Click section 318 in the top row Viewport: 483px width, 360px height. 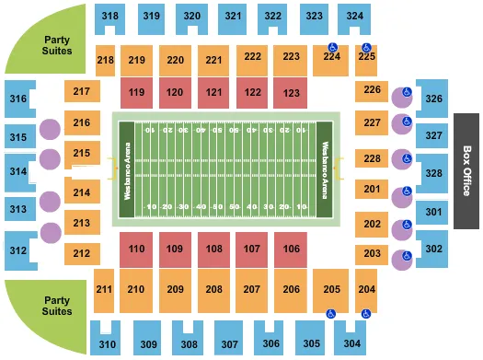(110, 16)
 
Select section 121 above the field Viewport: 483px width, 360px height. (214, 92)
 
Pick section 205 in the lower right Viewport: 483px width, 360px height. (329, 289)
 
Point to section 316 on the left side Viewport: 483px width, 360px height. (17, 99)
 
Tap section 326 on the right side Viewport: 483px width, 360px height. (433, 99)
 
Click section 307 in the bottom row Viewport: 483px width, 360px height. (229, 344)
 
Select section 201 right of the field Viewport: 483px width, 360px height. (372, 190)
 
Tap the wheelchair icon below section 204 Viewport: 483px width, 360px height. (366, 313)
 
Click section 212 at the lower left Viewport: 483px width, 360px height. (83, 253)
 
